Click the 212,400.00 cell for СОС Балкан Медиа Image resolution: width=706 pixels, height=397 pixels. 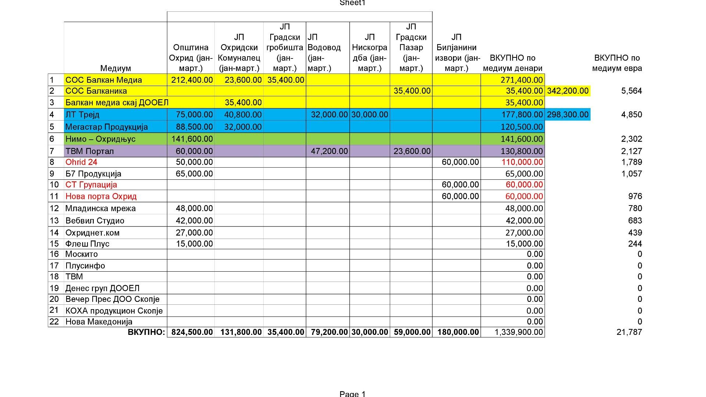[192, 80]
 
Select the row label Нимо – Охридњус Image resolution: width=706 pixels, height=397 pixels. [100, 139]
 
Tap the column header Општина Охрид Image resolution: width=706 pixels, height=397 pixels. [191, 58]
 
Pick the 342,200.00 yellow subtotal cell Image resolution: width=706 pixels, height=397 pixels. [568, 91]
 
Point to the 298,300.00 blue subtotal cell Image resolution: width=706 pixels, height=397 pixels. [568, 114]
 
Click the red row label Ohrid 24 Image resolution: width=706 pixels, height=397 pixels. [81, 162]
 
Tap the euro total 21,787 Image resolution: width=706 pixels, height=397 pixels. [629, 332]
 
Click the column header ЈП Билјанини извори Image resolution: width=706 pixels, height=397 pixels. [456, 53]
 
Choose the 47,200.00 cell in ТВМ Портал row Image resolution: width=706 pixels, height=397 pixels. [329, 151]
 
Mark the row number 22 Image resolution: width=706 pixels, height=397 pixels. [54, 322]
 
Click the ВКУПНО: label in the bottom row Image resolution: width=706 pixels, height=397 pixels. [146, 332]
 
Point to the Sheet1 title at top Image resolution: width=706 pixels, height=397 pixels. [353, 3]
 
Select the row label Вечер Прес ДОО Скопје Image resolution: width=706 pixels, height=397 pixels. [113, 299]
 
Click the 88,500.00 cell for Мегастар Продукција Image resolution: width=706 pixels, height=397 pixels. [194, 127]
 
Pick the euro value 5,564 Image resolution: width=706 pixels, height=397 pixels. [631, 91]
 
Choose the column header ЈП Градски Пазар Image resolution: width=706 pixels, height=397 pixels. [411, 47]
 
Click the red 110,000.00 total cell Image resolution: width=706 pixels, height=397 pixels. [524, 162]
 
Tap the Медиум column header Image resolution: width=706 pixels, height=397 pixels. [115, 68]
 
